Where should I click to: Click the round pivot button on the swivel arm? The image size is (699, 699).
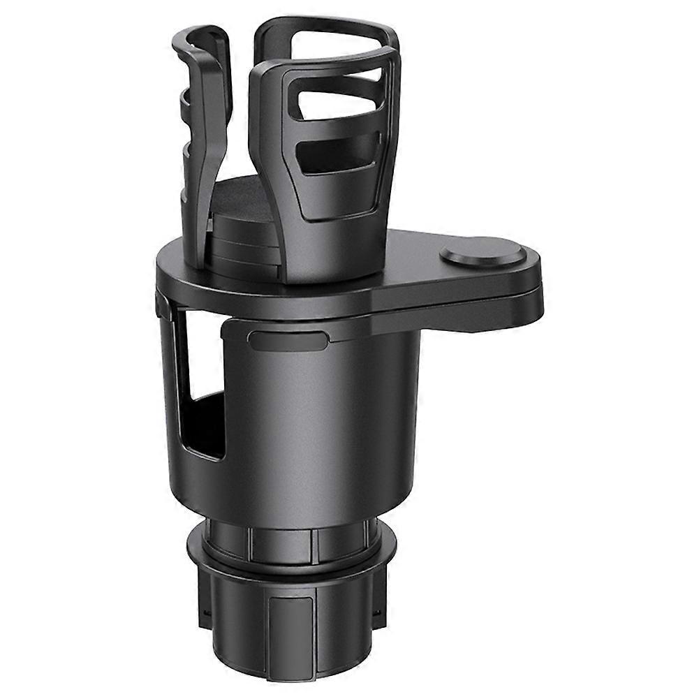coord(483,252)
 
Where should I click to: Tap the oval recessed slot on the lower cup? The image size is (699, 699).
coord(288,341)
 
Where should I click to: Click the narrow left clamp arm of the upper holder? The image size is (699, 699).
coord(203,126)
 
